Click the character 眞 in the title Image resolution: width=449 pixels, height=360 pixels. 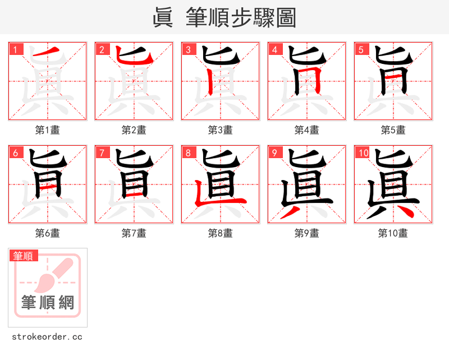click(163, 17)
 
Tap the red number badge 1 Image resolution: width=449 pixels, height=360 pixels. click(15, 49)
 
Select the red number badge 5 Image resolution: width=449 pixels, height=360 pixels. click(361, 49)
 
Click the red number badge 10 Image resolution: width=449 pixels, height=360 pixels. click(363, 153)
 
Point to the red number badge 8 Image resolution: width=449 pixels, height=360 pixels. click(188, 153)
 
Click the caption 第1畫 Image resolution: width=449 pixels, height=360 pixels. click(47, 130)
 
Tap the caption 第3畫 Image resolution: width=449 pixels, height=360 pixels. click(220, 130)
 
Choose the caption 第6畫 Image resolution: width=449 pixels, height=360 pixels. click(47, 233)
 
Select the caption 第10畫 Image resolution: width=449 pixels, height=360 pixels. click(393, 233)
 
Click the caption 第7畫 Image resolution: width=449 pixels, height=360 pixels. click(134, 233)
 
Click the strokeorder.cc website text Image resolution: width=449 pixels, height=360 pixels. click(47, 337)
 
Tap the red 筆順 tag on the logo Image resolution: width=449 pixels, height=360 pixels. click(24, 256)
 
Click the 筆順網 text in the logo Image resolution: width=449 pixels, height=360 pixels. click(48, 303)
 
